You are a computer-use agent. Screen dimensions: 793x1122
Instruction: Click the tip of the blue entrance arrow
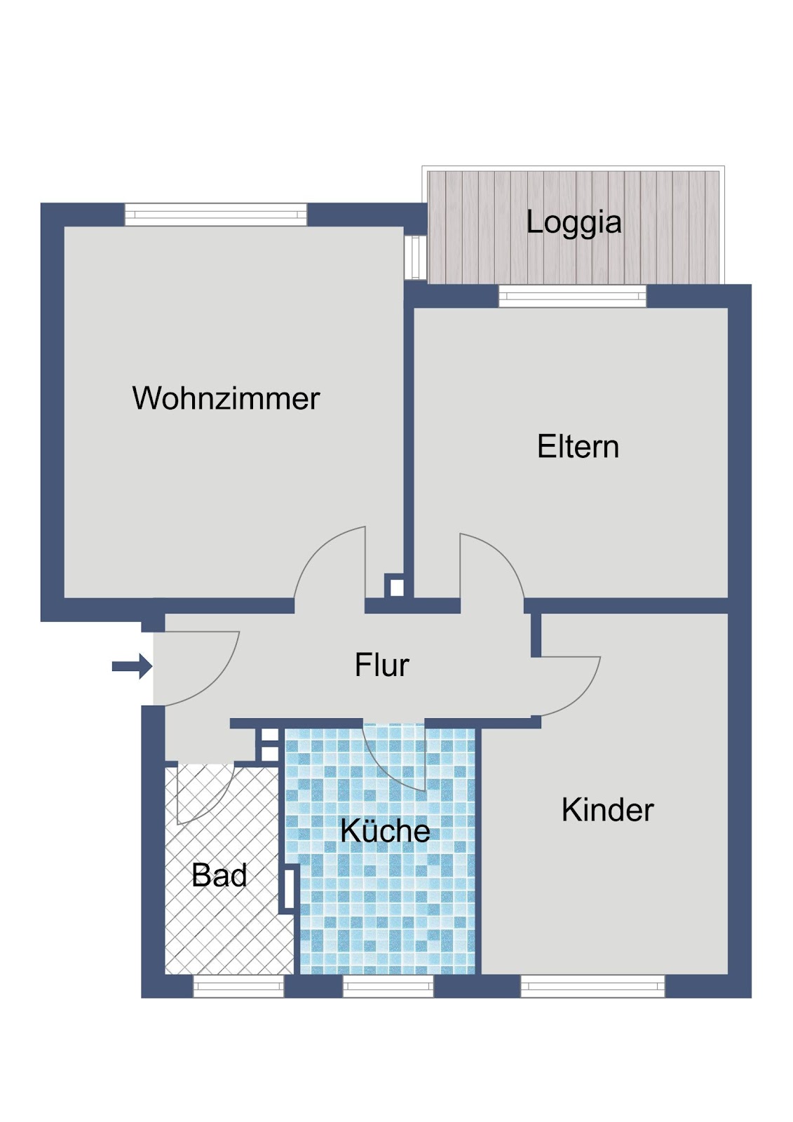pos(151,666)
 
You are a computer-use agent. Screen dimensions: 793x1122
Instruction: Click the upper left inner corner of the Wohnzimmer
pos(65,227)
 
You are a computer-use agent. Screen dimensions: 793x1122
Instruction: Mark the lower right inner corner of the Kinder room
pos(727,974)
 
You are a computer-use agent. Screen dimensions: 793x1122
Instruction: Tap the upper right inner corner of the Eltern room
pos(727,308)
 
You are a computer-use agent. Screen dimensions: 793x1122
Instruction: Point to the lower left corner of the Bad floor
pos(165,974)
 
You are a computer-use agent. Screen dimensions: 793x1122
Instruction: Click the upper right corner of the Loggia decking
pos(719,171)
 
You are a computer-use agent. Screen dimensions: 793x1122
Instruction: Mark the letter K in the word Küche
pos(349,830)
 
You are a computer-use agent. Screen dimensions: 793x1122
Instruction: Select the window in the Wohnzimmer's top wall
pos(215,215)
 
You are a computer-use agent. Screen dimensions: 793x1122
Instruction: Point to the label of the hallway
pos(381,665)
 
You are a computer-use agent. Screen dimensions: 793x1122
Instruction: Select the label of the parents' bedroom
pos(578,447)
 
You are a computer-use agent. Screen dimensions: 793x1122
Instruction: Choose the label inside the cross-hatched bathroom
pos(219,875)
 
